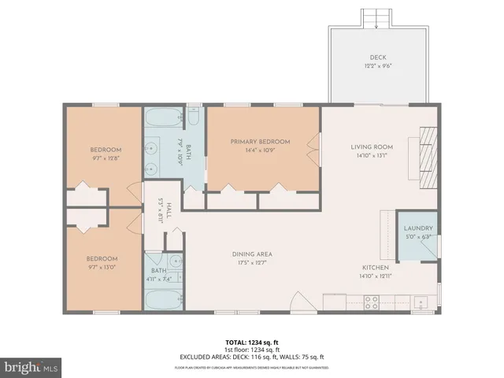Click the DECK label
pyautogui.click(x=378, y=57)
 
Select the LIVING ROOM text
pyautogui.click(x=372, y=146)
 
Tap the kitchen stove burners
pyautogui.click(x=371, y=302)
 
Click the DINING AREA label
pyautogui.click(x=252, y=254)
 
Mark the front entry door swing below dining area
pyautogui.click(x=300, y=303)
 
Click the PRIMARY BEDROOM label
pyautogui.click(x=260, y=142)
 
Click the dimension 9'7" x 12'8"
pyautogui.click(x=105, y=158)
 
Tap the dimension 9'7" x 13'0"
pyautogui.click(x=102, y=267)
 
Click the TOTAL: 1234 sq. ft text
pyautogui.click(x=252, y=343)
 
